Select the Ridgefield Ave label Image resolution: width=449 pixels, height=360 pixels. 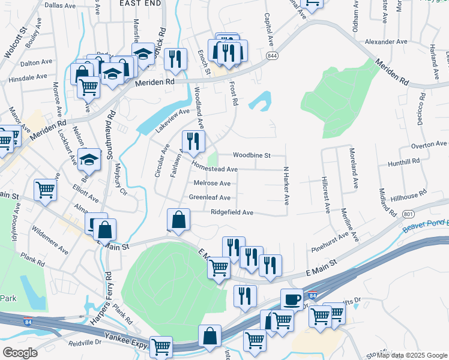point(232,212)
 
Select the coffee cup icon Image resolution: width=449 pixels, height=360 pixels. point(292,299)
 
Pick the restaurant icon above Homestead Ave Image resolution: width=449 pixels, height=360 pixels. point(193,141)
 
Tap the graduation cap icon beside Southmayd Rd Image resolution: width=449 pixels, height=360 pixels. point(89,159)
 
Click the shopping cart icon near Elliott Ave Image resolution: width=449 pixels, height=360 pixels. point(46,190)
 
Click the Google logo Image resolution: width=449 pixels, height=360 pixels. point(20,353)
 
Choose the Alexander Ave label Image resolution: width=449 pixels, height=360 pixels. point(387,42)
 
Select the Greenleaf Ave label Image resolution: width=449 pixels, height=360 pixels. point(209,197)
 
